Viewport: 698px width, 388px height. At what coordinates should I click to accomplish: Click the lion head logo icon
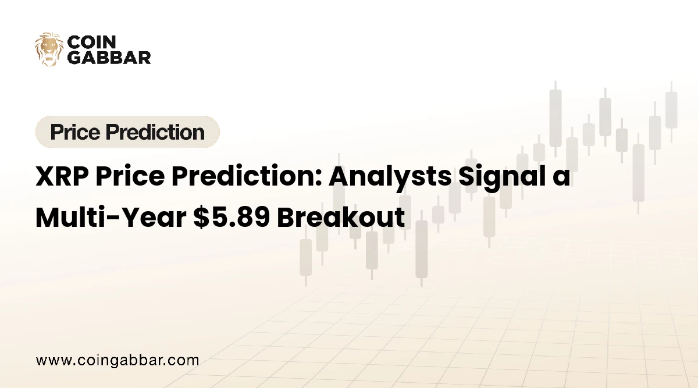tap(49, 49)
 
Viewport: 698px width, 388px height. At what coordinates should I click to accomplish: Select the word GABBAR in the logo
tap(109, 57)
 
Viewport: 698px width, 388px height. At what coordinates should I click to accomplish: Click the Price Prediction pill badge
tap(127, 132)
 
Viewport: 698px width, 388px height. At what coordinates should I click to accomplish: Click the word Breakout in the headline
tap(340, 217)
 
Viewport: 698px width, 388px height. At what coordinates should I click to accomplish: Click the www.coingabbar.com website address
tap(117, 360)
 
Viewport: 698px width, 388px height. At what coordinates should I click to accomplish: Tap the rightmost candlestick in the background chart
tap(671, 111)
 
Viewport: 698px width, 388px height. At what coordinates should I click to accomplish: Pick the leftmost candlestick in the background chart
tap(305, 256)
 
